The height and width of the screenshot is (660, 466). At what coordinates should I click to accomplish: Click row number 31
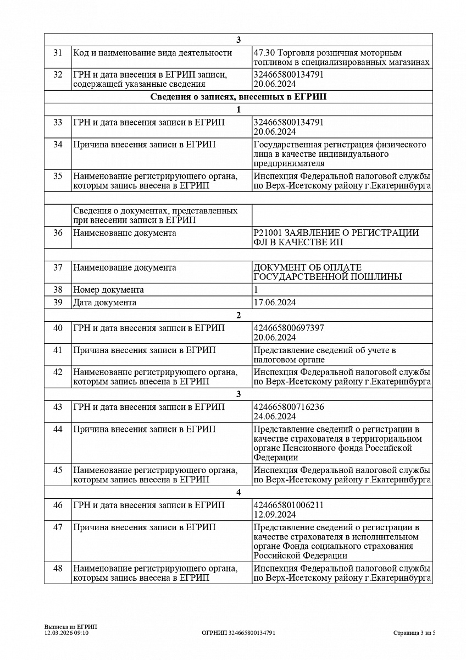click(58, 53)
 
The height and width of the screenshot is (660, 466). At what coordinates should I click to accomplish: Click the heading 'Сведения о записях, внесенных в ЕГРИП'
click(238, 97)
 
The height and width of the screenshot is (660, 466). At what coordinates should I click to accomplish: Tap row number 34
click(58, 145)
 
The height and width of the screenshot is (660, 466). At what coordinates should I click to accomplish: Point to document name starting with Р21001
click(336, 238)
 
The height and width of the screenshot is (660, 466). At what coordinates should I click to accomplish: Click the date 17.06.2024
click(275, 302)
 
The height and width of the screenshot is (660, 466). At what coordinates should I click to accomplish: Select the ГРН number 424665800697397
click(289, 328)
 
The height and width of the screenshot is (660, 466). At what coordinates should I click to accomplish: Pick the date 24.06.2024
click(275, 416)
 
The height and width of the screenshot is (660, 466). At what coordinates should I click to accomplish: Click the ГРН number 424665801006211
click(289, 505)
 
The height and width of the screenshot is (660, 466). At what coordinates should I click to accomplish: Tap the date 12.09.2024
click(275, 514)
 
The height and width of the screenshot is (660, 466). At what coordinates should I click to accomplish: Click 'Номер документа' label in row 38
click(108, 290)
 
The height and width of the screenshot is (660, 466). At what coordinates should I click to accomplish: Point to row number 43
click(58, 407)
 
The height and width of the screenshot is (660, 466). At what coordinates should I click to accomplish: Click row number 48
click(58, 568)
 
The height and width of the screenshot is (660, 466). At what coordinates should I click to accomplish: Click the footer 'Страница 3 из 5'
click(414, 633)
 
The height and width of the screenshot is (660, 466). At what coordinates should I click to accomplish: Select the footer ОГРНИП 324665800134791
click(238, 633)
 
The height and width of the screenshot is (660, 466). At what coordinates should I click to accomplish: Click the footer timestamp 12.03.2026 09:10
click(66, 633)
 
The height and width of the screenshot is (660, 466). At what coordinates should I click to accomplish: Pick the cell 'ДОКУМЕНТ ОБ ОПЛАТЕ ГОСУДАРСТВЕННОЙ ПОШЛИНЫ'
click(327, 272)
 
